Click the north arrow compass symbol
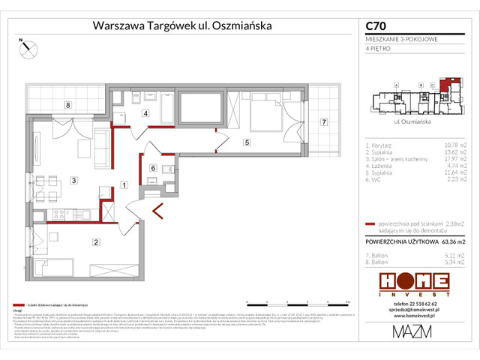pos(28,47)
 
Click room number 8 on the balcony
pos(67,105)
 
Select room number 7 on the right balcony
pos(324,121)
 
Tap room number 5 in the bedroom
pos(245,141)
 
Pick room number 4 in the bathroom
pos(145,114)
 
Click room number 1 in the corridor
pos(124,184)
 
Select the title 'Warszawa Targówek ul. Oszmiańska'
pos(181,25)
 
